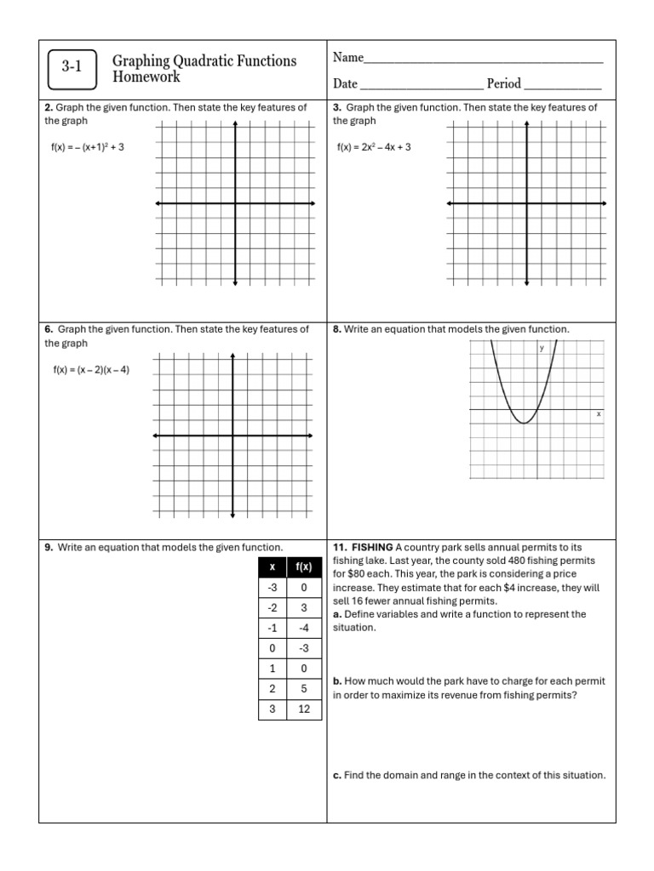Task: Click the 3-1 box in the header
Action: click(72, 69)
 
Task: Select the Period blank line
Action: click(563, 88)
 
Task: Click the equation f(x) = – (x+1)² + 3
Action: click(88, 147)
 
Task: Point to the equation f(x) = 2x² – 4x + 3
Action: click(374, 147)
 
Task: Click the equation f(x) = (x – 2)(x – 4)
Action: click(91, 370)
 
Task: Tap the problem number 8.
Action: click(336, 329)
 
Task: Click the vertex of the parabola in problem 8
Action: click(525, 422)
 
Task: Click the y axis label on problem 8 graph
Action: click(542, 348)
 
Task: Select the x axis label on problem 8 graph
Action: click(598, 413)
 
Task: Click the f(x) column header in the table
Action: click(303, 566)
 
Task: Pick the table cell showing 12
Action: click(303, 709)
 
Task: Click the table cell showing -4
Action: click(303, 628)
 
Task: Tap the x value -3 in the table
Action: click(272, 587)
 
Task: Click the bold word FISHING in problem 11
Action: click(371, 547)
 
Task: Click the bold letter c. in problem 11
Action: click(336, 775)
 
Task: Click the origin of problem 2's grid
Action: click(236, 203)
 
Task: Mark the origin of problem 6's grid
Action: click(232, 435)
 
